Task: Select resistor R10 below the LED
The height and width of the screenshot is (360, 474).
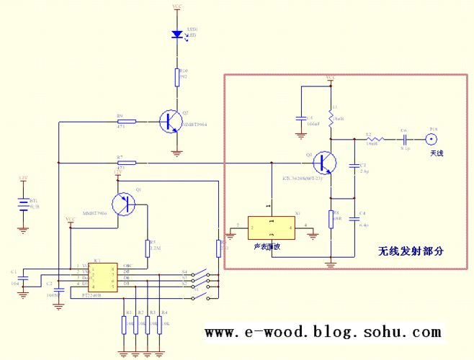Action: click(x=177, y=76)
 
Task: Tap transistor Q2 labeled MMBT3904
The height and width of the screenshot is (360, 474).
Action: click(x=172, y=121)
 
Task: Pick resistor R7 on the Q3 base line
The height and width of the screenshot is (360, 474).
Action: click(x=127, y=163)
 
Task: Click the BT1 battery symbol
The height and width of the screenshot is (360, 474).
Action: click(x=24, y=204)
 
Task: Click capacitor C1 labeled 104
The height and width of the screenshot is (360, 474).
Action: click(x=24, y=276)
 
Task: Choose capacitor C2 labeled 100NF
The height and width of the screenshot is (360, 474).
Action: click(x=58, y=284)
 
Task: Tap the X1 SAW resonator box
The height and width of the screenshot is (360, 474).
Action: click(x=271, y=228)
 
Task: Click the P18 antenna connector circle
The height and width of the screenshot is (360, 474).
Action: click(x=434, y=139)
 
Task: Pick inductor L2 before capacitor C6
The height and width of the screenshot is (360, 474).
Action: click(x=371, y=139)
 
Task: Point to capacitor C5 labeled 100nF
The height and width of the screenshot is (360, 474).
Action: click(x=300, y=118)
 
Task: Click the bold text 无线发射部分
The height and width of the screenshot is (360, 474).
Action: click(x=410, y=251)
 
